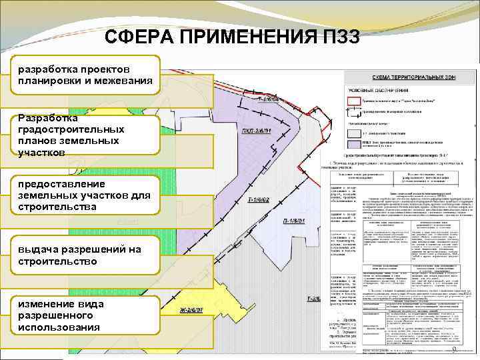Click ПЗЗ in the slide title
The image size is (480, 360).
pos(337,37)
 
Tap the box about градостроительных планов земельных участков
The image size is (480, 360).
pos(85,135)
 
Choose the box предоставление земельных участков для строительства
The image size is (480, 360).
pos(85,195)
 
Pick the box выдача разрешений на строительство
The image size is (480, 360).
pos(85,255)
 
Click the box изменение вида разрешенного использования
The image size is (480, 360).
pos(85,315)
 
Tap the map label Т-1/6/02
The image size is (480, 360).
pos(259,199)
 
